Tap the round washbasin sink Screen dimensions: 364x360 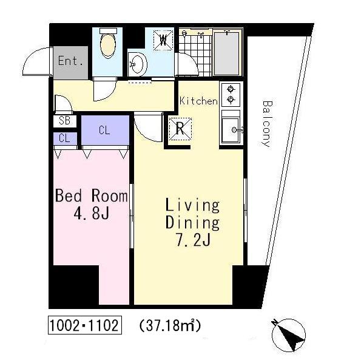click(x=138, y=64)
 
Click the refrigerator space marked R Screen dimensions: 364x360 click(x=180, y=129)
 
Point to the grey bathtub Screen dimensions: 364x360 click(x=226, y=53)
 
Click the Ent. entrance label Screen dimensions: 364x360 click(x=70, y=61)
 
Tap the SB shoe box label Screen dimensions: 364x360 click(x=64, y=121)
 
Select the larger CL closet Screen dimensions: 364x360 click(x=105, y=131)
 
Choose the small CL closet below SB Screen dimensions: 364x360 click(x=65, y=138)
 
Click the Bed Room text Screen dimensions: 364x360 click(x=92, y=196)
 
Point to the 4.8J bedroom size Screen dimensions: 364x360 click(x=92, y=213)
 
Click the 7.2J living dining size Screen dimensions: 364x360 click(x=193, y=240)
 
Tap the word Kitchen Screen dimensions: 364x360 click(x=199, y=101)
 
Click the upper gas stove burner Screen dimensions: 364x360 click(x=231, y=89)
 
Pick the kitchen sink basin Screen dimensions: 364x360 click(x=231, y=130)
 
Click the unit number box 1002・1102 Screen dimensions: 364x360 click(x=85, y=325)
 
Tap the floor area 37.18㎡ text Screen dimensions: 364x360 click(x=170, y=325)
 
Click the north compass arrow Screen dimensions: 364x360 click(x=289, y=335)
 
